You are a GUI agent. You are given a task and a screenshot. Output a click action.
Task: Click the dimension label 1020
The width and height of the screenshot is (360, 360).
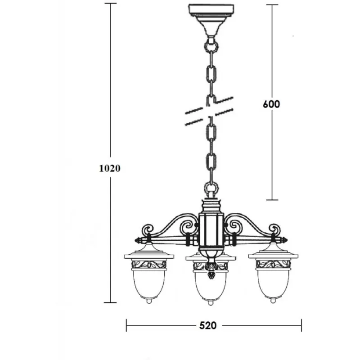[x=110, y=168]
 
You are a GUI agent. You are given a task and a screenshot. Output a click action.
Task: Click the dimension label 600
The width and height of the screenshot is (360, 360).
[x=271, y=104]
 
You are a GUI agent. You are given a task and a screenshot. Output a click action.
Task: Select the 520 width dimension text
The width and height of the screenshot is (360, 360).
[x=208, y=325]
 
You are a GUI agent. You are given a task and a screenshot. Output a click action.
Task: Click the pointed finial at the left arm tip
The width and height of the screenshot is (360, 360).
[x=139, y=240]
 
